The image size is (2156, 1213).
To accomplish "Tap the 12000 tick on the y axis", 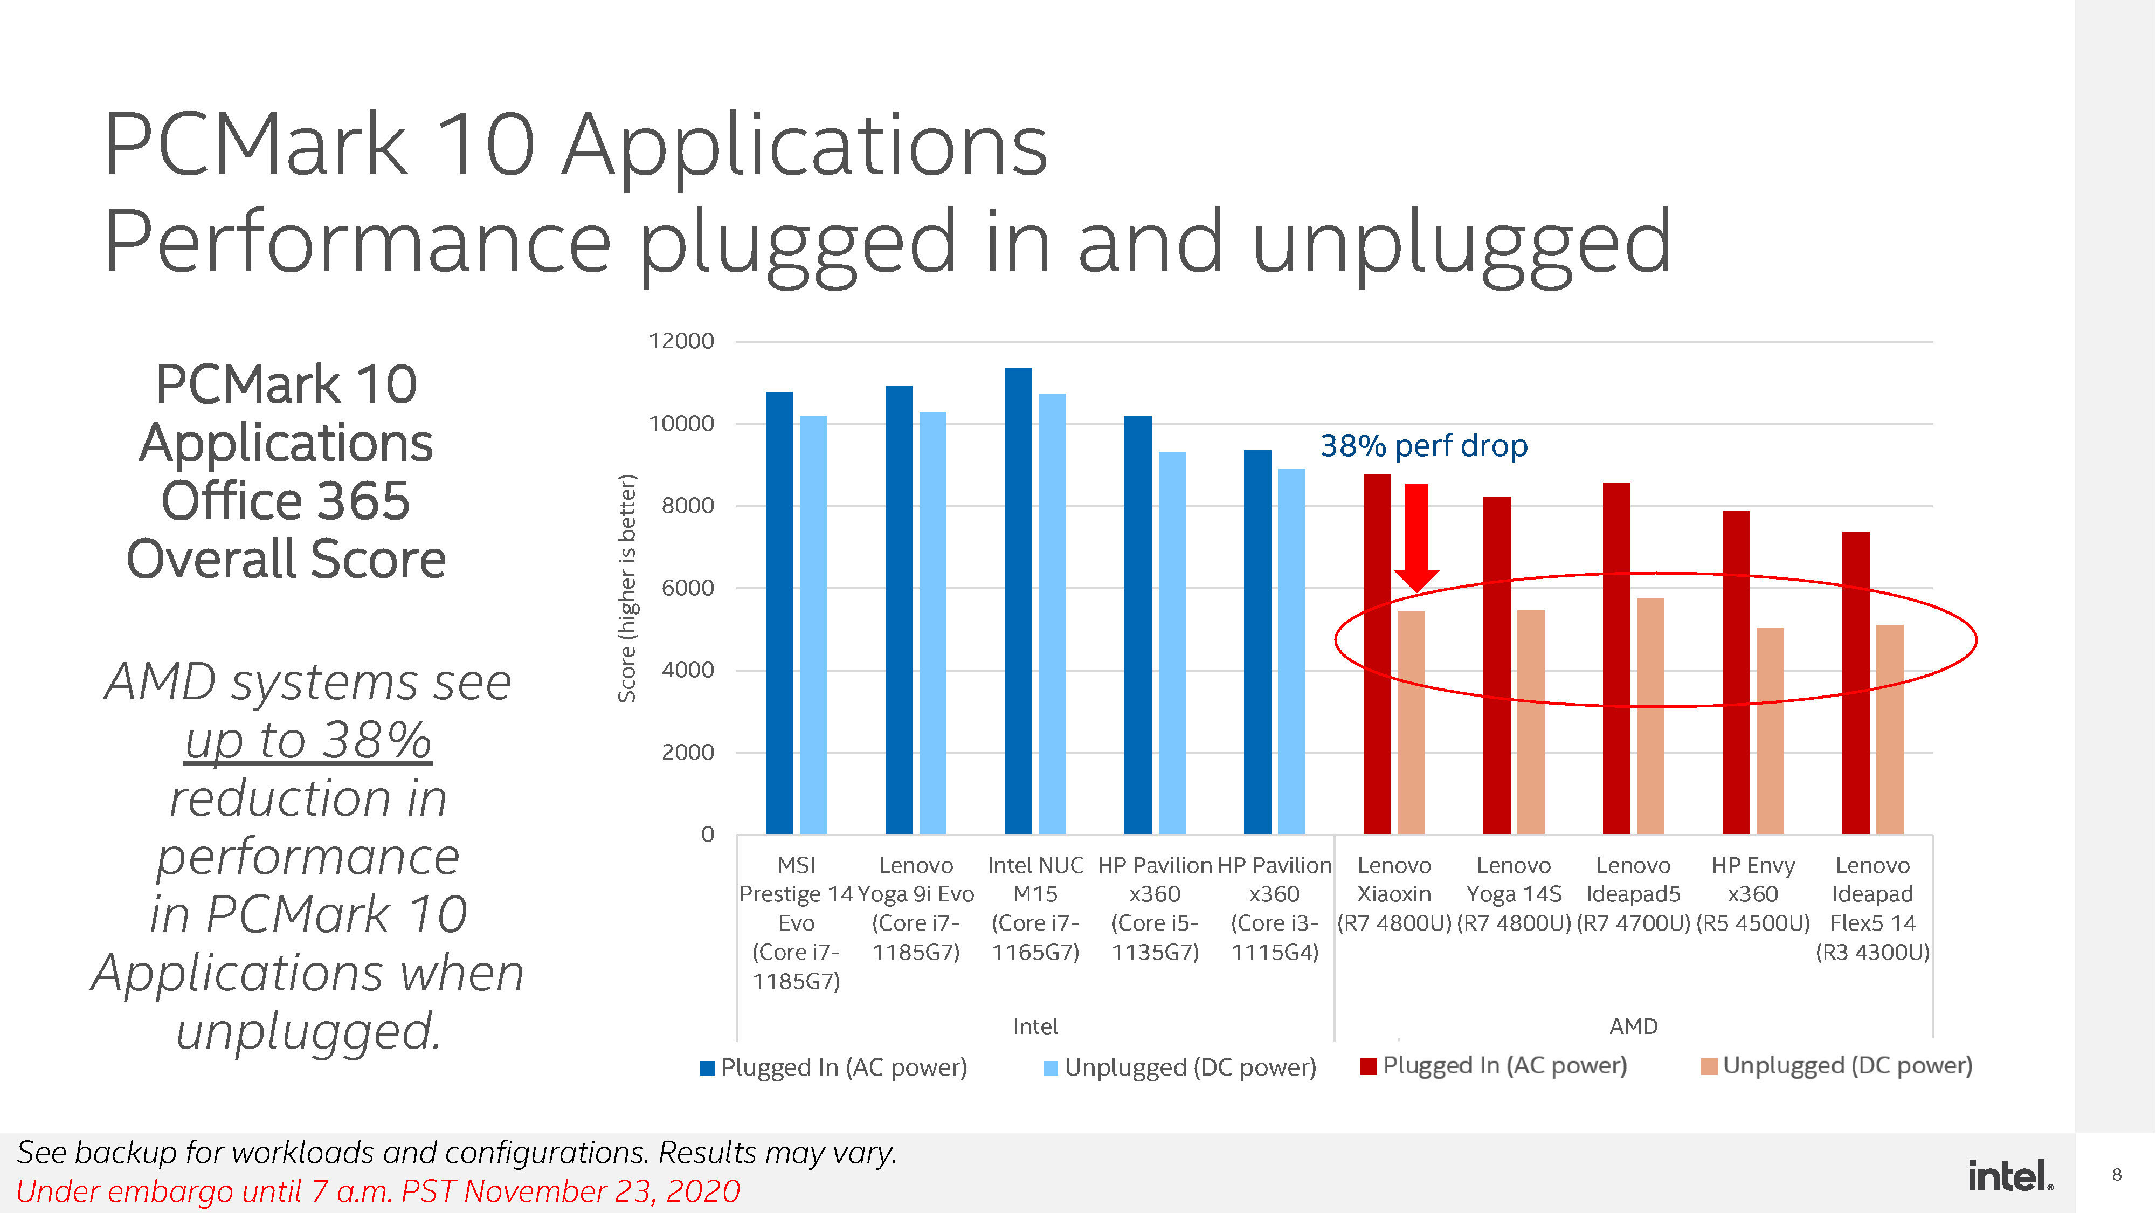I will (681, 342).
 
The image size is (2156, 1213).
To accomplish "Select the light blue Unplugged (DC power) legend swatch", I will (1051, 1067).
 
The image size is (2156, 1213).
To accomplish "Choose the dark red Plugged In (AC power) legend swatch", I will (1369, 1066).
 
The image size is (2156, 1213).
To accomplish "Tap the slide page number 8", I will (2117, 1175).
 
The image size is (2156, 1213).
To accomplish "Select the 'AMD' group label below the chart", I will (1633, 1026).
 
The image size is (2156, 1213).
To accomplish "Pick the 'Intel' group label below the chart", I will (1035, 1026).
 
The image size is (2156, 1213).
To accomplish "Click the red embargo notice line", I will (377, 1190).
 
